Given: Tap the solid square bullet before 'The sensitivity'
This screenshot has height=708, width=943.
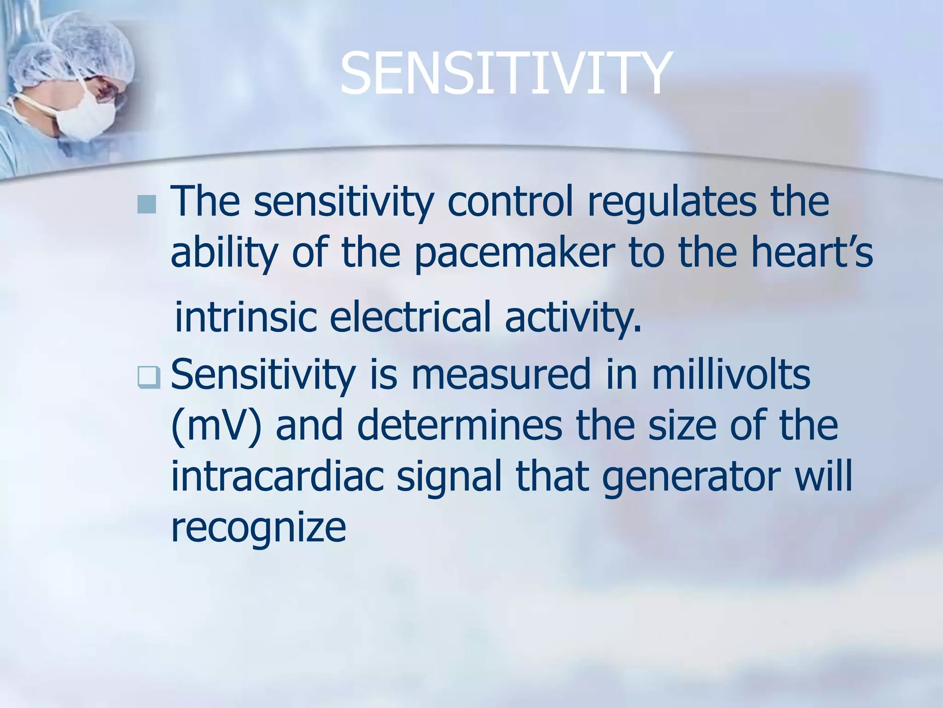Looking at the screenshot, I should point(146,204).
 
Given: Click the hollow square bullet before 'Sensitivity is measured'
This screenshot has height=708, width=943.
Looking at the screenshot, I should point(149,378).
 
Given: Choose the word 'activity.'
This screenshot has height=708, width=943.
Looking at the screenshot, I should point(573,317).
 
